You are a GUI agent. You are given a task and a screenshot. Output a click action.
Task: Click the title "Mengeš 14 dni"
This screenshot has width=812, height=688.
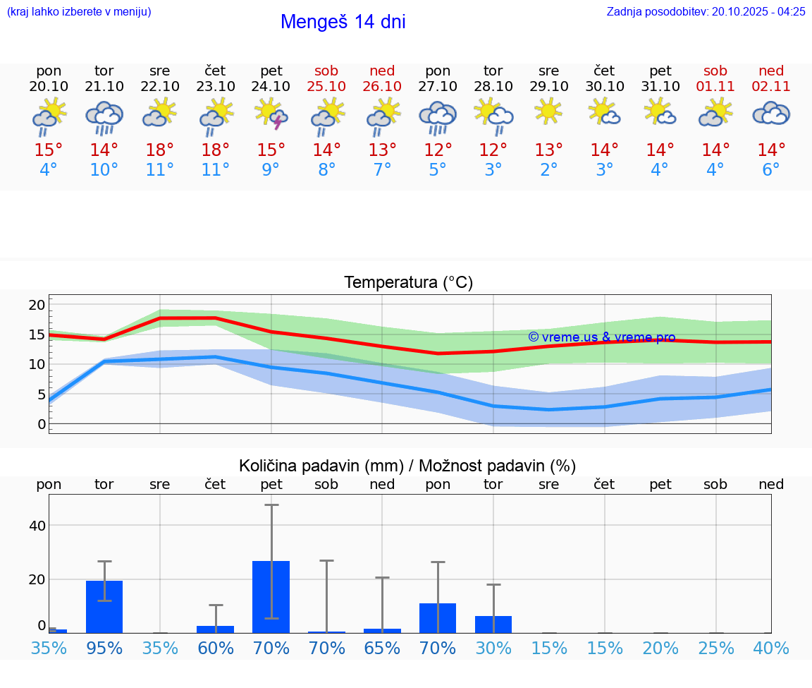tap(343, 22)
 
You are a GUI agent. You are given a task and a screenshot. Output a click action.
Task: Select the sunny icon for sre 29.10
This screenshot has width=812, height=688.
tap(548, 112)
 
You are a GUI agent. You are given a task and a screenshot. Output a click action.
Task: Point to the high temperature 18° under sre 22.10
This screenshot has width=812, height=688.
tap(160, 150)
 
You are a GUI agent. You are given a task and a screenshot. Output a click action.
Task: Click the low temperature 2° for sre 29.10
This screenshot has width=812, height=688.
tap(548, 170)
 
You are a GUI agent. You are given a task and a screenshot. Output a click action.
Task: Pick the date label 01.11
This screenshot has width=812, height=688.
tap(715, 86)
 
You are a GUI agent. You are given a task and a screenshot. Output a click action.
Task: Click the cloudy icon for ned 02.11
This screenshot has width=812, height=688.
tap(771, 114)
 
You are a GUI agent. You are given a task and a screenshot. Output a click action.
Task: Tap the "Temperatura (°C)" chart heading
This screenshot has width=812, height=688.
tap(408, 282)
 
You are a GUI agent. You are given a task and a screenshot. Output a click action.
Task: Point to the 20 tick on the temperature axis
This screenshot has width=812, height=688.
tap(37, 305)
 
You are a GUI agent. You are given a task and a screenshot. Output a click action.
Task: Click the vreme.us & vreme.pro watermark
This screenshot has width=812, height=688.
tap(601, 337)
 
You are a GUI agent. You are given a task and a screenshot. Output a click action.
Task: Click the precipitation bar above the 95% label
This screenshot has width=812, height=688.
tap(104, 606)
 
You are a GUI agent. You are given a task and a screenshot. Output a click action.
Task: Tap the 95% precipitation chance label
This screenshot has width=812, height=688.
tap(104, 648)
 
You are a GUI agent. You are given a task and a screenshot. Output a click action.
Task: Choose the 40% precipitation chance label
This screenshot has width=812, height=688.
tap(771, 648)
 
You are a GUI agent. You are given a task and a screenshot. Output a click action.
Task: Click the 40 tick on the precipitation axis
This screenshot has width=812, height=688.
tap(37, 526)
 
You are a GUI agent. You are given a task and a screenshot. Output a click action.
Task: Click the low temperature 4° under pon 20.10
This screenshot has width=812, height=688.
tap(49, 170)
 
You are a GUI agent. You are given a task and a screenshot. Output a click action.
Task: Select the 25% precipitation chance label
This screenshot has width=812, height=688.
tap(715, 648)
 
